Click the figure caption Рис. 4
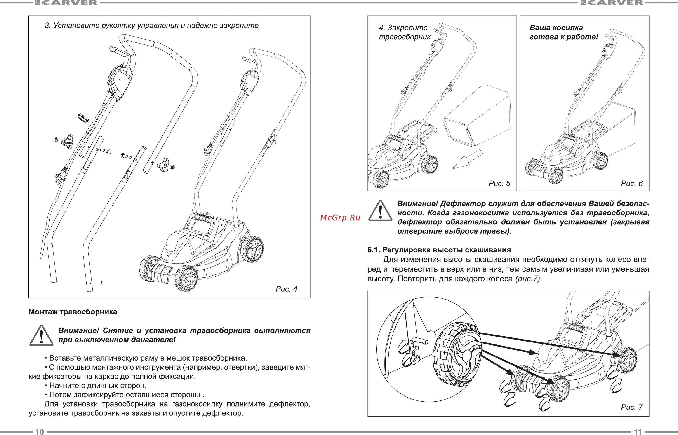point(286,289)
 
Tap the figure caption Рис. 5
point(499,184)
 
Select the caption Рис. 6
point(632,184)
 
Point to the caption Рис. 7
point(632,407)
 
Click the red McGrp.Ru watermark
point(340,218)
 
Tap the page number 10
point(40,432)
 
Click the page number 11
point(638,432)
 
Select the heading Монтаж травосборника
point(73,312)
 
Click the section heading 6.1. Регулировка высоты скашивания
point(439,250)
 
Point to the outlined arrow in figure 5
point(467,160)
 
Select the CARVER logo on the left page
point(67,3)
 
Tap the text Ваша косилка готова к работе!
point(563,32)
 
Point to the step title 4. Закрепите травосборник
point(405,32)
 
